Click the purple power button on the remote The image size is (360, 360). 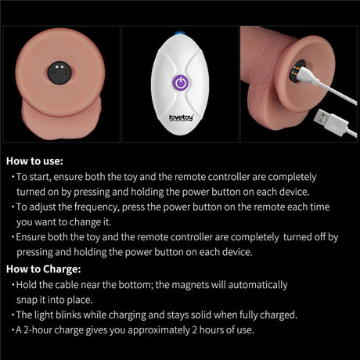tap(181, 83)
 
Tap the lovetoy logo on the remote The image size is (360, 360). tap(181, 117)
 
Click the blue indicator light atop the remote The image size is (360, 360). tap(180, 34)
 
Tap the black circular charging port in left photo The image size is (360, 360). tap(59, 73)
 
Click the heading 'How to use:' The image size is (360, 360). tap(34, 161)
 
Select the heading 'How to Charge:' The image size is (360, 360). tap(44, 269)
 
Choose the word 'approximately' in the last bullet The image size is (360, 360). tap(159, 330)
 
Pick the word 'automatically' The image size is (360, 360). tap(257, 285)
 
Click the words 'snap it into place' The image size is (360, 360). tap(54, 300)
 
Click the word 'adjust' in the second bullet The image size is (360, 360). tap(42, 207)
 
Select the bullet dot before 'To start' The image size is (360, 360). tap(13, 177)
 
